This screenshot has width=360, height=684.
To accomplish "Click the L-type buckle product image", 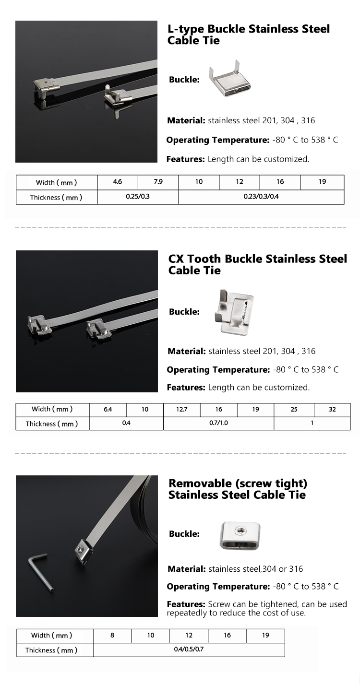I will click(229, 80).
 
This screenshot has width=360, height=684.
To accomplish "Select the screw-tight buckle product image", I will click(240, 534).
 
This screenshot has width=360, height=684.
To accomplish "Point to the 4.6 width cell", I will click(118, 182).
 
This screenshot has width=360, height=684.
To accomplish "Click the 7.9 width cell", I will click(158, 182).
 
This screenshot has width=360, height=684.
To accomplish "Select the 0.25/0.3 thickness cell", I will click(138, 197).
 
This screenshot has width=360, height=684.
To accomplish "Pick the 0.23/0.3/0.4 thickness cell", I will click(261, 197).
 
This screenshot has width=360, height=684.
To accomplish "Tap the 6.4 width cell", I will click(108, 410).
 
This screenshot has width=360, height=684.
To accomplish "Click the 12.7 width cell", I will click(182, 410).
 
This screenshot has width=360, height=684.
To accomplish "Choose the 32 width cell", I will click(332, 410).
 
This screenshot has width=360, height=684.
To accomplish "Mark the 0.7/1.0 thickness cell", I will click(218, 423).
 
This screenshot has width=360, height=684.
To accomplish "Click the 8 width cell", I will click(112, 635).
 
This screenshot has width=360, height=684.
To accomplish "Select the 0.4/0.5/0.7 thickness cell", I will click(189, 649).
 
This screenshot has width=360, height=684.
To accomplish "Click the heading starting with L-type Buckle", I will click(248, 35).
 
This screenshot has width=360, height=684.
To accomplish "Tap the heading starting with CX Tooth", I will click(257, 264).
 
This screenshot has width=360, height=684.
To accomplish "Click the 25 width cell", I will click(294, 410).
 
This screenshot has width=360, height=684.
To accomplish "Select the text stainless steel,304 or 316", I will click(255, 569).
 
